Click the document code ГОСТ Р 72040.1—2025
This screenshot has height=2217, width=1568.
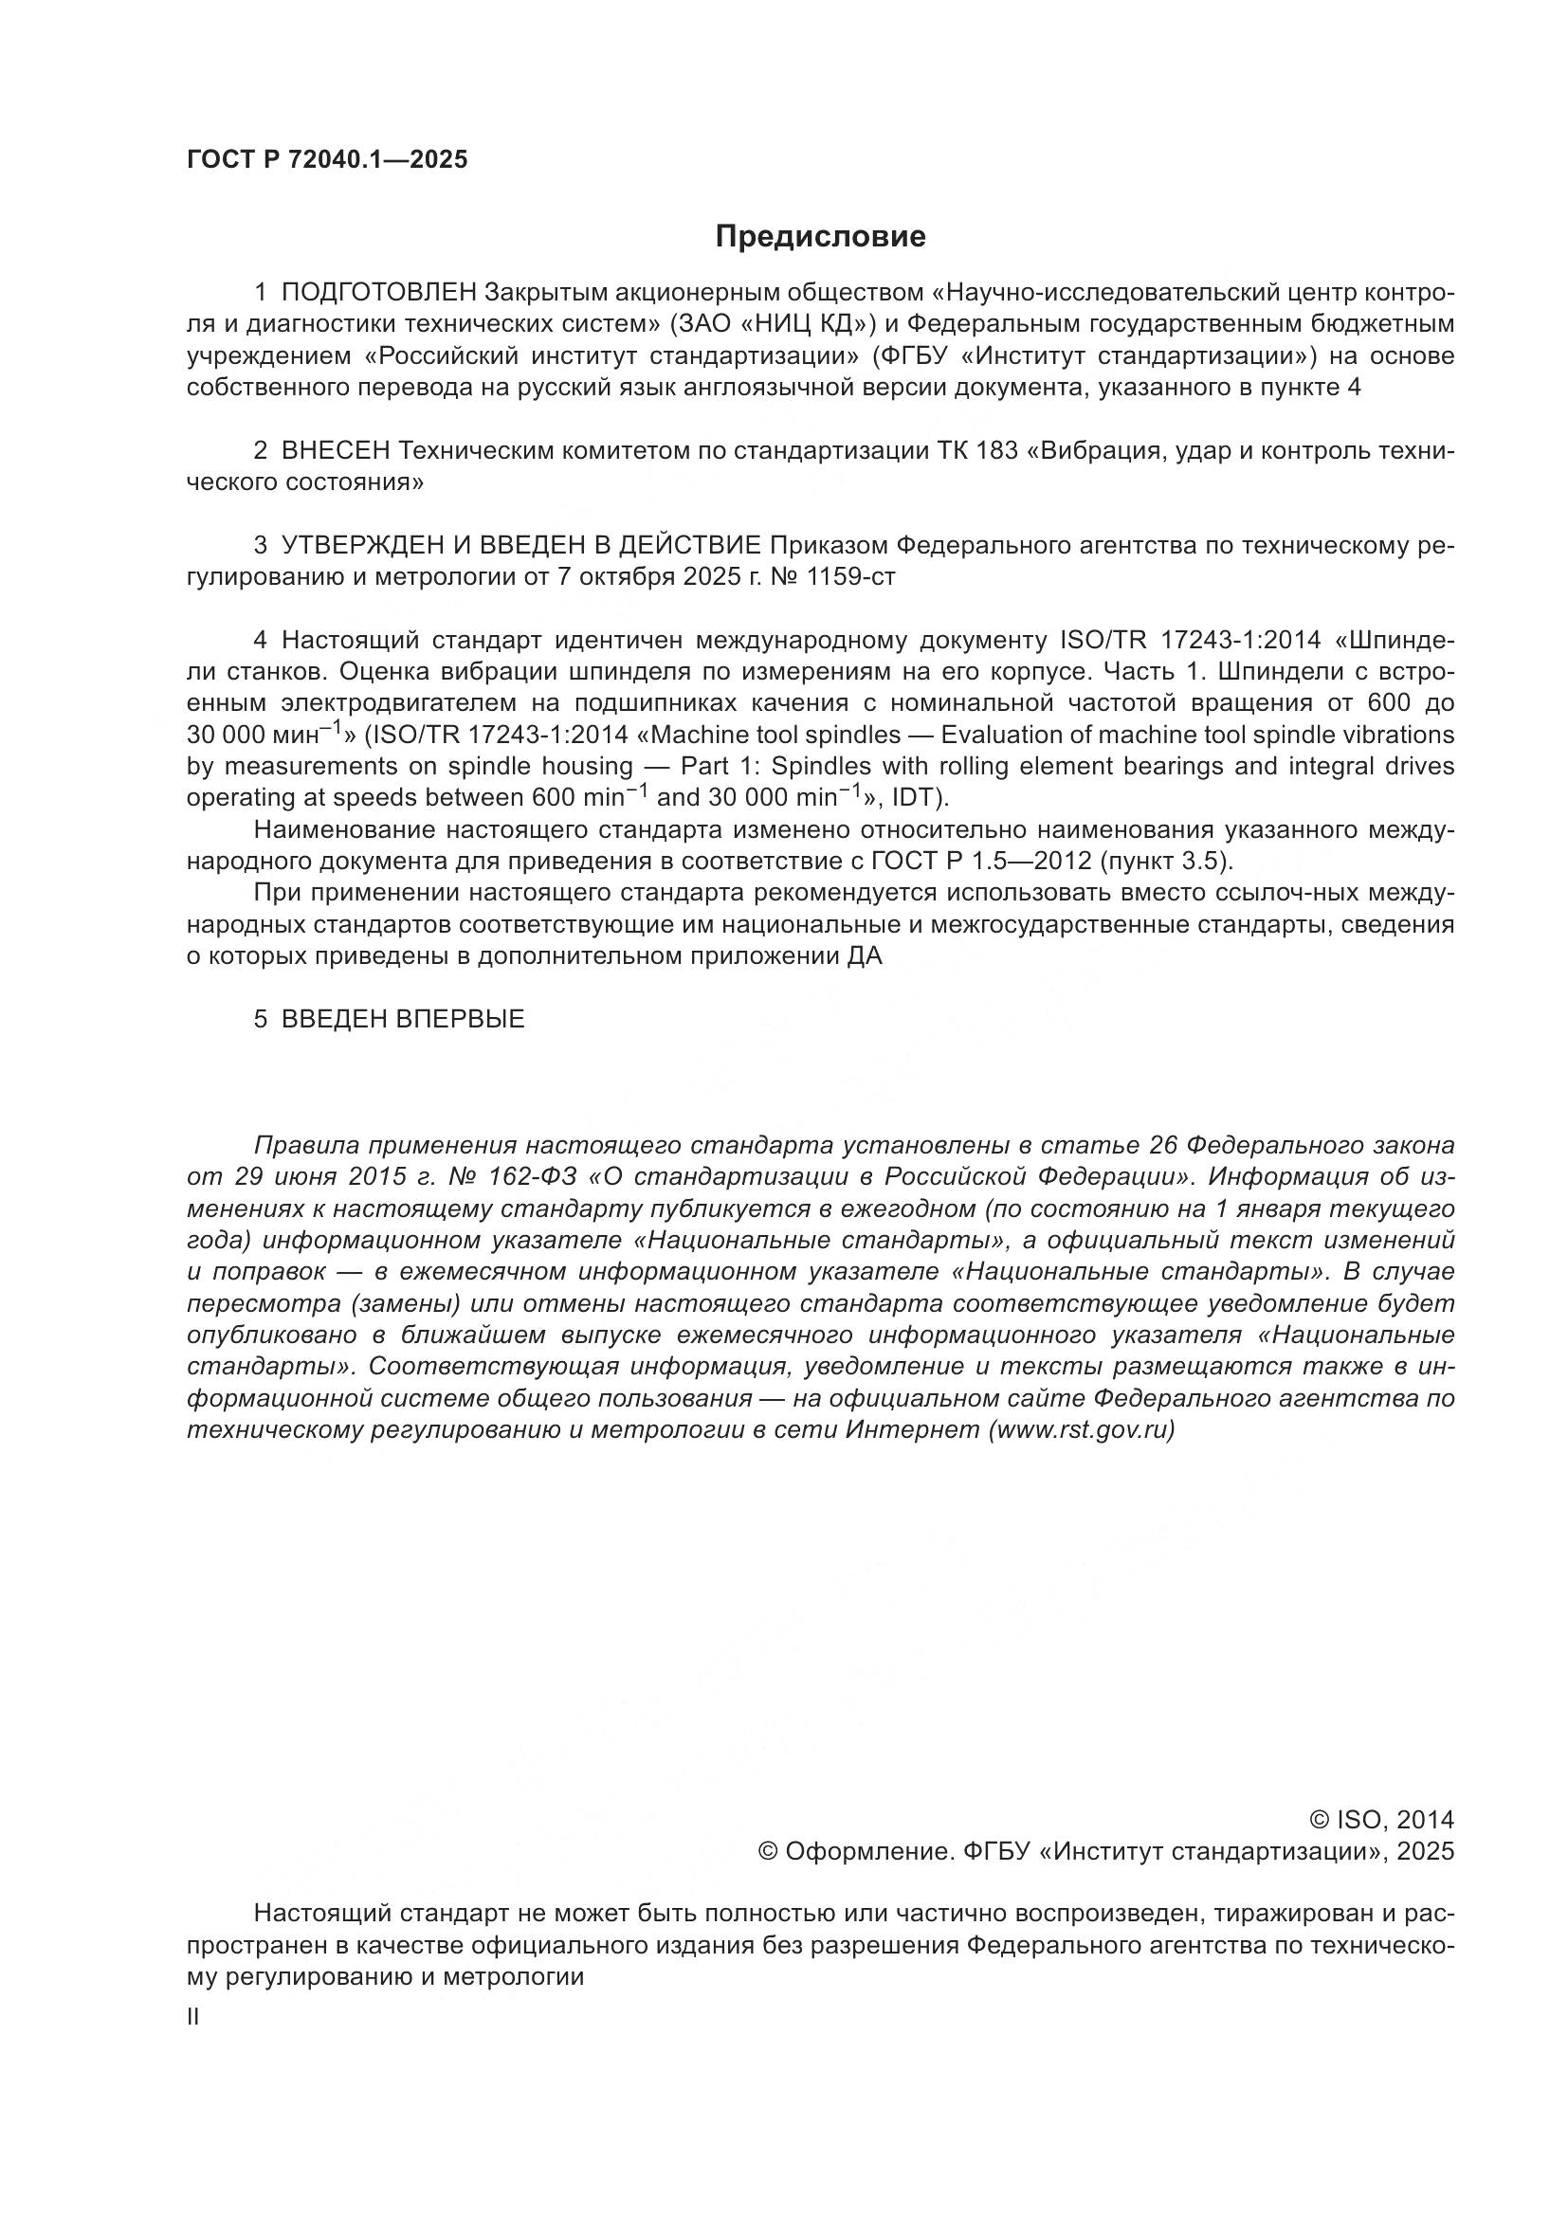tap(326, 160)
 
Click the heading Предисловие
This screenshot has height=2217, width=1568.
tap(820, 237)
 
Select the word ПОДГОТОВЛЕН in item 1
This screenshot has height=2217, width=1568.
tap(378, 292)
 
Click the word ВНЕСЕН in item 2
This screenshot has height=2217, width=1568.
tap(335, 451)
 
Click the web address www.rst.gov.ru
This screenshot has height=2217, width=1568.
tap(1082, 1430)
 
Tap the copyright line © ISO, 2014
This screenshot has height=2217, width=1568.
tap(1380, 1820)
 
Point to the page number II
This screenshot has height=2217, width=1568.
tap(193, 2017)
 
